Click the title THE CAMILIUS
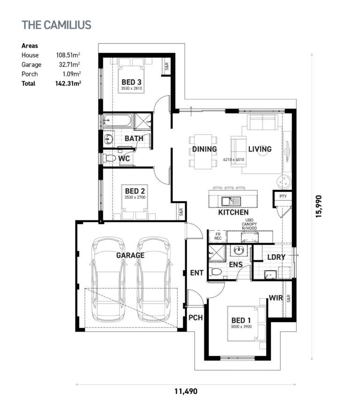(56, 25)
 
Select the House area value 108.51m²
(68, 55)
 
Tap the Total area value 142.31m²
(68, 83)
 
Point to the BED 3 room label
(131, 82)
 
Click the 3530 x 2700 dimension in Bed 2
(135, 197)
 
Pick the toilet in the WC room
(109, 158)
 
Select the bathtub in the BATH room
(118, 120)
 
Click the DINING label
(204, 149)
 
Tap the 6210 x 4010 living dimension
(233, 159)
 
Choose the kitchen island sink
(231, 202)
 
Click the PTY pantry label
(283, 196)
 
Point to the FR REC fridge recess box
(218, 236)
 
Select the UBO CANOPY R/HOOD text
(249, 224)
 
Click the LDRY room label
(277, 257)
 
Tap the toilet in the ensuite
(215, 271)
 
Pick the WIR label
(276, 298)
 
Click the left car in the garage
(108, 279)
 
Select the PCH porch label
(195, 317)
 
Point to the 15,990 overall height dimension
(319, 206)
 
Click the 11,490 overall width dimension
(186, 391)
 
